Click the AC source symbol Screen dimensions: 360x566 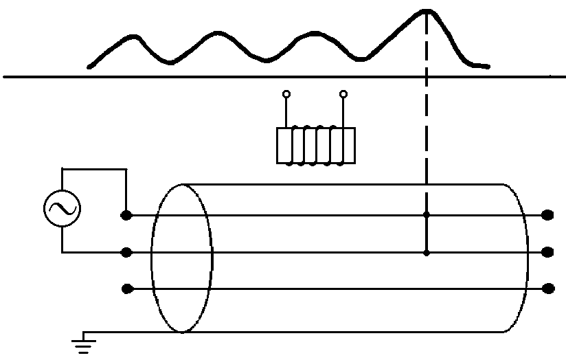coord(62,209)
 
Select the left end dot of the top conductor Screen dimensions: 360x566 coord(126,215)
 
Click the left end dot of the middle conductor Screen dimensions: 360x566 coord(126,252)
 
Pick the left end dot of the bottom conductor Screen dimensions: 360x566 coord(126,289)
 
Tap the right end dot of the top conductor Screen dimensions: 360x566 coord(547,215)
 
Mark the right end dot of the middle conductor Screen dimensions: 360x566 coord(547,252)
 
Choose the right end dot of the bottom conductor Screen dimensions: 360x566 coord(547,289)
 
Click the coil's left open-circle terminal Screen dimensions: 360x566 coord(286,94)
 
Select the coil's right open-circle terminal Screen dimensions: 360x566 coord(343,94)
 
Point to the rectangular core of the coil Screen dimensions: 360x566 coord(316,146)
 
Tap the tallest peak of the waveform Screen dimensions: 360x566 coord(427,11)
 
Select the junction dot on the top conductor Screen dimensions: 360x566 coord(427,215)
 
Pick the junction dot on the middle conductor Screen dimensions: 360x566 coord(427,252)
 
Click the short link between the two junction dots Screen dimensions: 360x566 coord(427,234)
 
